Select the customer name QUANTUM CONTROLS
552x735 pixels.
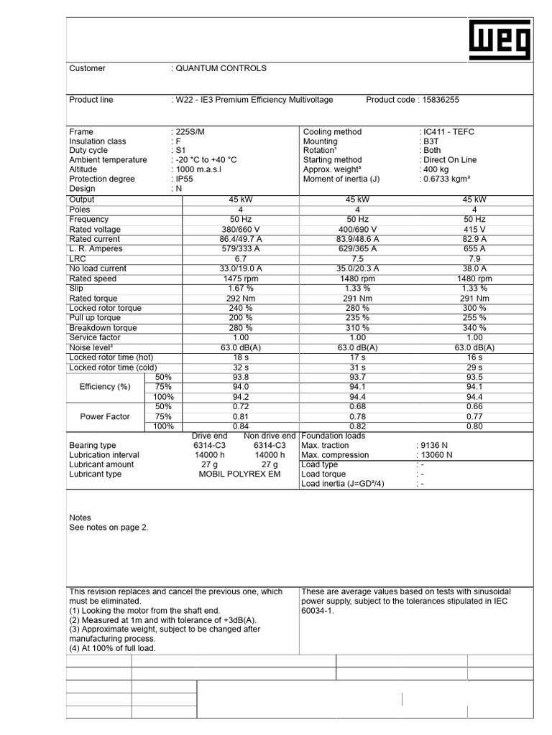[221, 68]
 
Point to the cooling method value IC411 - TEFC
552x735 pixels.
[448, 132]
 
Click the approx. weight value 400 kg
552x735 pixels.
[438, 169]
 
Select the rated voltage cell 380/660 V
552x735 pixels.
[239, 229]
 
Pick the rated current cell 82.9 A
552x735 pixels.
[474, 239]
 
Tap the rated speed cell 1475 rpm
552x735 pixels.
[239, 278]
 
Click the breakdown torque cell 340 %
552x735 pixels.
[474, 327]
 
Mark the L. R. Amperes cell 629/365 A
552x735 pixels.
[357, 248]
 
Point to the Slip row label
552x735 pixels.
[76, 288]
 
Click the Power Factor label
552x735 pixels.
[105, 416]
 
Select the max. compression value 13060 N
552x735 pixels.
[436, 455]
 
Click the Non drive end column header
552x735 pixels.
[270, 436]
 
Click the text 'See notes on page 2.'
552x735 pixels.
[109, 528]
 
